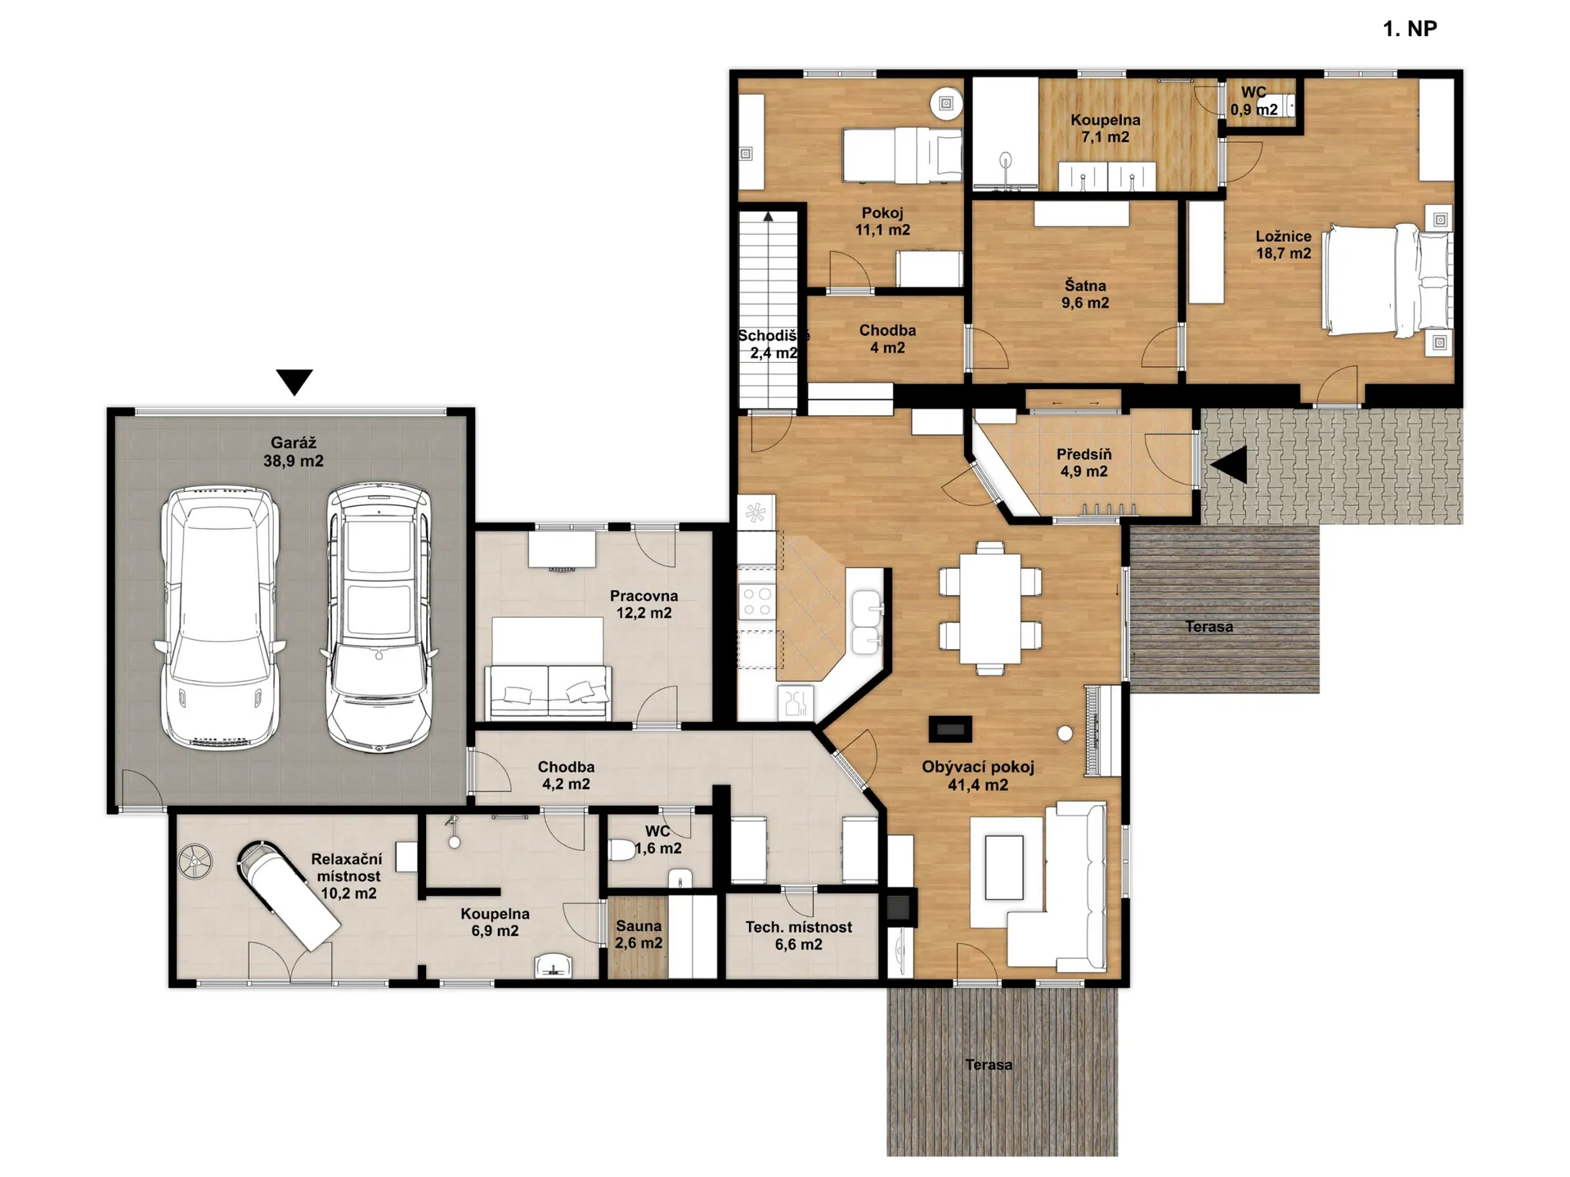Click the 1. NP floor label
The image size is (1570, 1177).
(1410, 29)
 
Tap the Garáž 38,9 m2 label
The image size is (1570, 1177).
(294, 452)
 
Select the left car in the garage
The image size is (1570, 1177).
(219, 618)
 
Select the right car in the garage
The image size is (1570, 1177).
(379, 617)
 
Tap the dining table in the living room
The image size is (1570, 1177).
(990, 608)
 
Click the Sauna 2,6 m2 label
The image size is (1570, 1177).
(639, 934)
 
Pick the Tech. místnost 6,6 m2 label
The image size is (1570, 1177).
(798, 936)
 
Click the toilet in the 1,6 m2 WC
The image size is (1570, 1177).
(622, 849)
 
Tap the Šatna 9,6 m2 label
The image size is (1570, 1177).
(1085, 294)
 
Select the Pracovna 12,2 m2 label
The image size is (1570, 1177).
(644, 605)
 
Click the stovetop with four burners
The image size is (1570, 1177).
(757, 602)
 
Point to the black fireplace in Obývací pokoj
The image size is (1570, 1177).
(950, 729)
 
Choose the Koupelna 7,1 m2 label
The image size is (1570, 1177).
(1106, 128)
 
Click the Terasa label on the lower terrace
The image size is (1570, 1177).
(989, 1065)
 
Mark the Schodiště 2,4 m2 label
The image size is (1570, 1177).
(773, 344)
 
